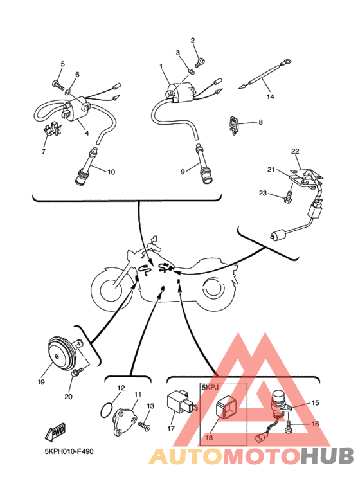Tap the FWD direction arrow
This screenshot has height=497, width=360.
coord(55,432)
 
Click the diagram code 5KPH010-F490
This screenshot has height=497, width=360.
coord(69,451)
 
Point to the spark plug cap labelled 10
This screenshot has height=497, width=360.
coord(85,167)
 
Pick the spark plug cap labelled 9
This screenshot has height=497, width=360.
coord(203,164)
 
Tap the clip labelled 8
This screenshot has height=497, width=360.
coord(233,125)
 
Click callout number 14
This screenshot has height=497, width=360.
coord(270,96)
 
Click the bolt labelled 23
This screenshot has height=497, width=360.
coord(287,197)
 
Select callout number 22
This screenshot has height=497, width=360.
coord(295,151)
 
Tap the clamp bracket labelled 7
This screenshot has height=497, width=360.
coord(52,129)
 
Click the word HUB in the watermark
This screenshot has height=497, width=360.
coord(327,456)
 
